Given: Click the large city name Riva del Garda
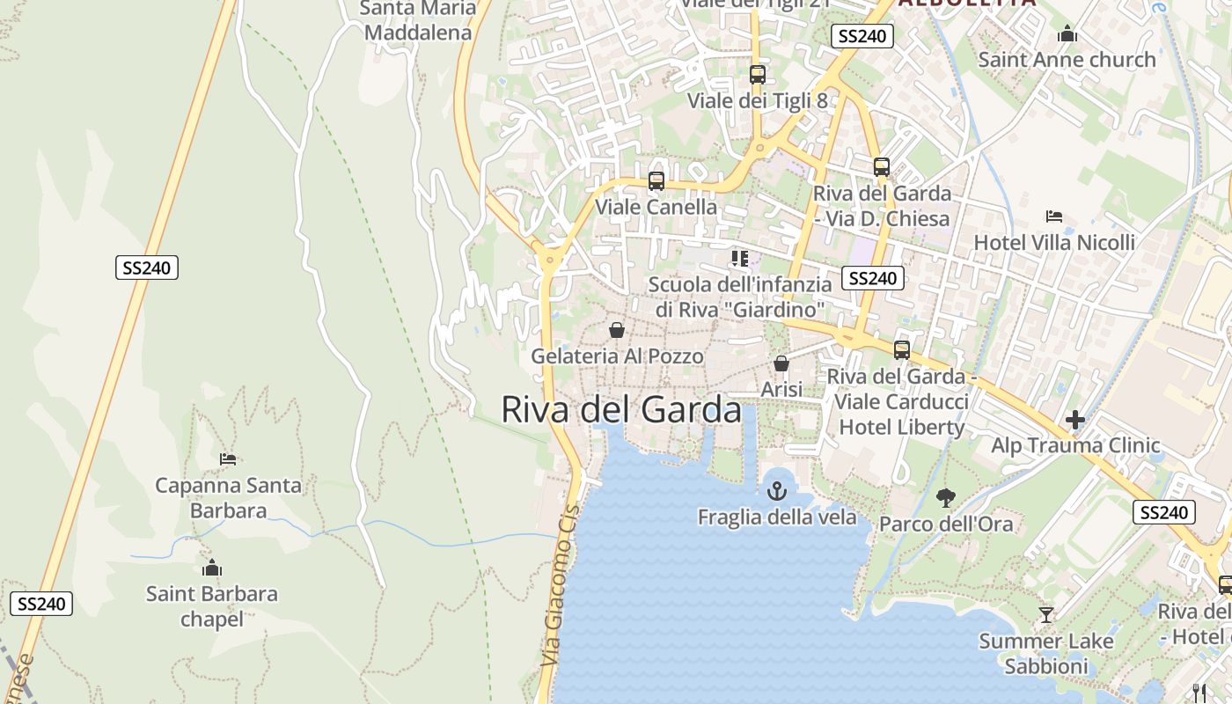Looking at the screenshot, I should tap(621, 410).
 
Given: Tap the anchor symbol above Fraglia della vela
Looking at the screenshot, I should tap(776, 490).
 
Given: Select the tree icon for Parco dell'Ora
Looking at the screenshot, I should tap(946, 498).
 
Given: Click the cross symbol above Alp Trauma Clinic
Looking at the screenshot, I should tap(1075, 420).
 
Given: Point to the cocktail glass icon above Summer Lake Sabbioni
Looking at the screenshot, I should tap(1045, 615).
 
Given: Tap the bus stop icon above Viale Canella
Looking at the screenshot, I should tap(656, 181).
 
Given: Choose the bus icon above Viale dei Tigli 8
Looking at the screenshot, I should tap(757, 75).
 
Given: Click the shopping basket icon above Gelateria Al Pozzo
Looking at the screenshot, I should tap(617, 330).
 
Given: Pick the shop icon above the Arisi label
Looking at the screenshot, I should tap(781, 363).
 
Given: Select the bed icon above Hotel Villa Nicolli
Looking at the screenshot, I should tap(1054, 216).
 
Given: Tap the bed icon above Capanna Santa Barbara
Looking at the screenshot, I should tap(228, 459).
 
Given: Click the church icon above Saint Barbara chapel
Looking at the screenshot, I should tap(211, 568).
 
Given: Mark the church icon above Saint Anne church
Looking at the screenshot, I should tap(1067, 34).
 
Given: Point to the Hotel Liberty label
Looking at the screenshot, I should tap(902, 428).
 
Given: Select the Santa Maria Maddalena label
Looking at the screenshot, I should tap(418, 21).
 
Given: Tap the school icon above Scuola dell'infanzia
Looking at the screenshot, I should tap(739, 259).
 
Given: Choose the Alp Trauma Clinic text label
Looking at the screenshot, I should tap(1075, 445).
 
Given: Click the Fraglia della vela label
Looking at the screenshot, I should tap(777, 517).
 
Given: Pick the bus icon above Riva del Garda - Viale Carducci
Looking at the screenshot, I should tap(902, 350).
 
